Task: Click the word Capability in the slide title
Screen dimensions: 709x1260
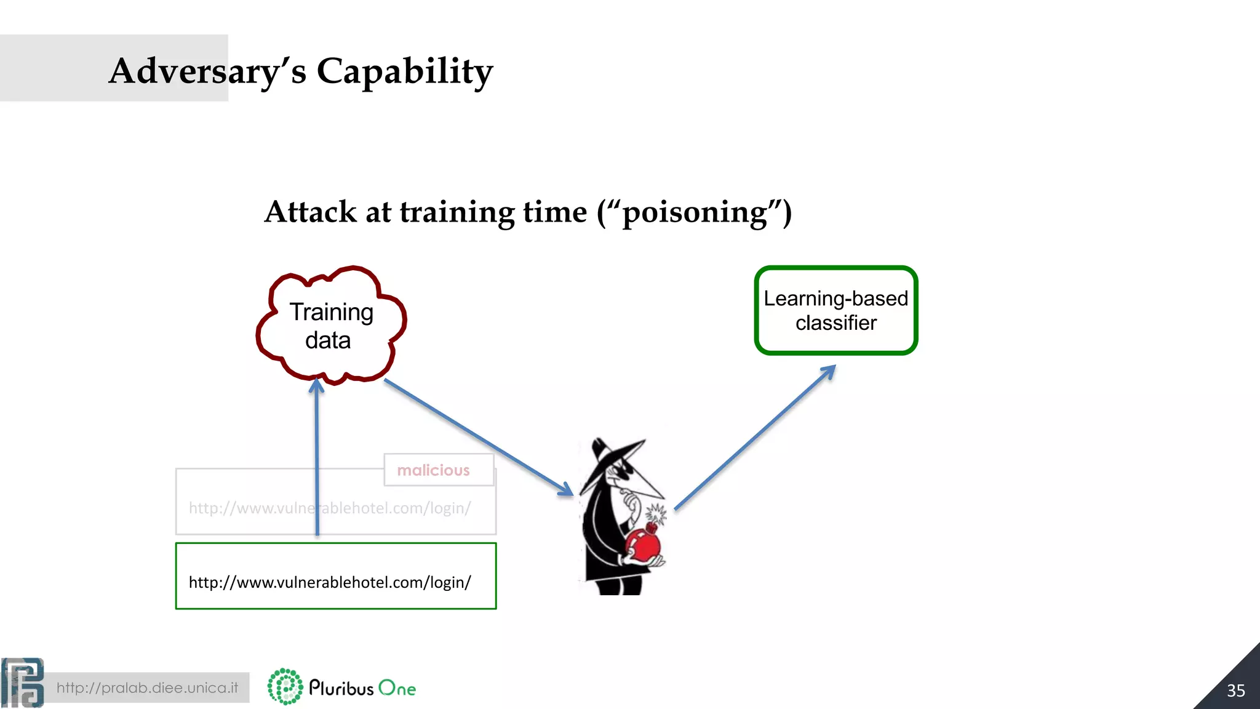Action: pos(404,71)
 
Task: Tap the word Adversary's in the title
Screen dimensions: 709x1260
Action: pos(207,71)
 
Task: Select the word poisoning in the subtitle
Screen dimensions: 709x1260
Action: pos(695,212)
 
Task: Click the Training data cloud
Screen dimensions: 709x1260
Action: pos(331,326)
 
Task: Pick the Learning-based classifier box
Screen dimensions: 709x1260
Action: pos(835,310)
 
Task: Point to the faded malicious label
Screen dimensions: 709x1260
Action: pos(433,470)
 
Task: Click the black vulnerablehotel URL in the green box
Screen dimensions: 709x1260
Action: pos(330,582)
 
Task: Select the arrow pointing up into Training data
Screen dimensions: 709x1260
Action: pos(317,455)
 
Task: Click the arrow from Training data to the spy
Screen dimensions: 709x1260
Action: pos(477,436)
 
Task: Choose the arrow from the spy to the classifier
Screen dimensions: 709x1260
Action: pos(756,438)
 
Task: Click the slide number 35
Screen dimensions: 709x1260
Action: pos(1235,691)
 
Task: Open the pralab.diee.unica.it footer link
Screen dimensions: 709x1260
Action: pos(147,687)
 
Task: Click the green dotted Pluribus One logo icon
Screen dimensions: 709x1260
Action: pos(285,687)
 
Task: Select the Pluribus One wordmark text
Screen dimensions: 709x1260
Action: pos(362,688)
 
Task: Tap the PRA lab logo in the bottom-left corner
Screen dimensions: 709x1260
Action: pos(23,683)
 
